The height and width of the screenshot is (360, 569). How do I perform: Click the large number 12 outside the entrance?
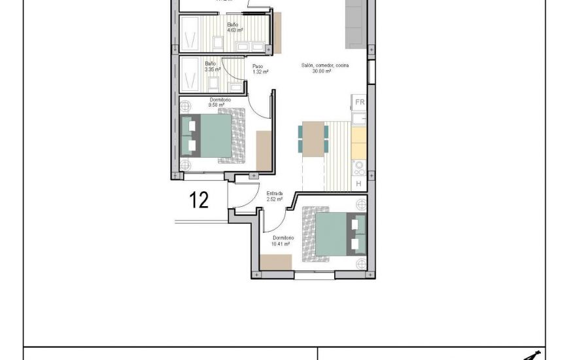point(199,200)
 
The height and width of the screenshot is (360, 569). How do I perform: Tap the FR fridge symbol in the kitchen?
point(359,102)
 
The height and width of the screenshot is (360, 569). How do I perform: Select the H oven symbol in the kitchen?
point(358,184)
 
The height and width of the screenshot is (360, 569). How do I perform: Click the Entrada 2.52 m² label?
point(275,196)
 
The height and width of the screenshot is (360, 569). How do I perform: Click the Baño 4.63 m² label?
point(234,28)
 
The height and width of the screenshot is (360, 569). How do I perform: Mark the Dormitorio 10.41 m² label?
point(283,240)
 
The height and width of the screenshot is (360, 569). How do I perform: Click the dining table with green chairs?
point(314,139)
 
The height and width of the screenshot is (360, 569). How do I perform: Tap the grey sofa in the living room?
point(356,23)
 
